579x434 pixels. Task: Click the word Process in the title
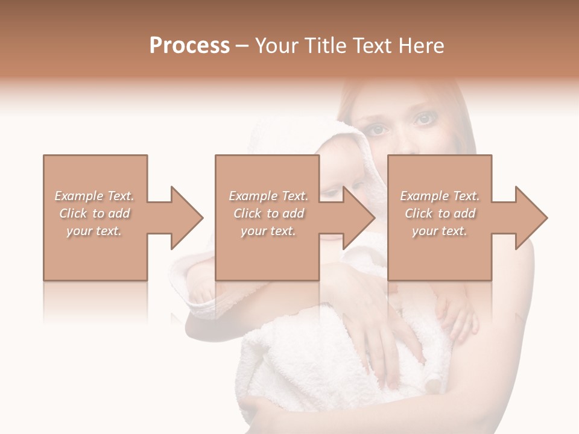(x=189, y=46)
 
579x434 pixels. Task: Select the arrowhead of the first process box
(x=185, y=218)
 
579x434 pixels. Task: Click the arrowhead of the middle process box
(x=357, y=218)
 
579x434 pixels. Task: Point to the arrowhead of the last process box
(x=530, y=218)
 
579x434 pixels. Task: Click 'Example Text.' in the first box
(x=94, y=196)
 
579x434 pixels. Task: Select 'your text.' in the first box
(x=94, y=231)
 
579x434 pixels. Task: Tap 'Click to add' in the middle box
(x=268, y=213)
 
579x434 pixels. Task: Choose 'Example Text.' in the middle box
(x=268, y=196)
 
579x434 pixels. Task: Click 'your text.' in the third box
(x=440, y=231)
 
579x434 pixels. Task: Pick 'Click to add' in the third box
(x=440, y=213)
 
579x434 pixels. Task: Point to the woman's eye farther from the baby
(x=424, y=119)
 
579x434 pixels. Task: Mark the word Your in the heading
(x=276, y=46)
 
